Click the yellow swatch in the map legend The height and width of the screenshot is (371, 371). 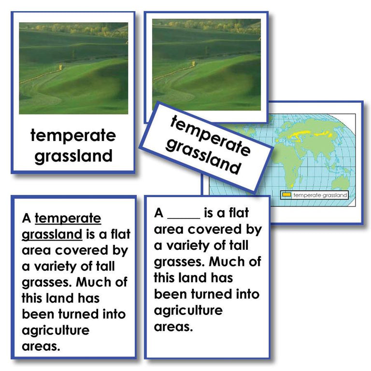pyautogui.click(x=286, y=195)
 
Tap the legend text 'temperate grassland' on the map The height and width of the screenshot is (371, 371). pyautogui.click(x=320, y=195)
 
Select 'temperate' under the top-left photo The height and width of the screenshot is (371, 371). pyautogui.click(x=73, y=135)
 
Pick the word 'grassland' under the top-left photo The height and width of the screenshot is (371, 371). pyautogui.click(x=73, y=156)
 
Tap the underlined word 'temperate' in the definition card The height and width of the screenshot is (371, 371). pyautogui.click(x=68, y=219)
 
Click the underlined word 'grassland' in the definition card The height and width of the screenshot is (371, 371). pyautogui.click(x=52, y=235)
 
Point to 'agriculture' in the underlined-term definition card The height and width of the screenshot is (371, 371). pyautogui.click(x=56, y=330)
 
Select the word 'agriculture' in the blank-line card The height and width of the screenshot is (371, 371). pyautogui.click(x=188, y=310)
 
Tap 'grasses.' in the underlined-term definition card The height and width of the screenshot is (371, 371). pyautogui.click(x=46, y=283)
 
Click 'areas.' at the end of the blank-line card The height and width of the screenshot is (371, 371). pyautogui.click(x=173, y=326)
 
